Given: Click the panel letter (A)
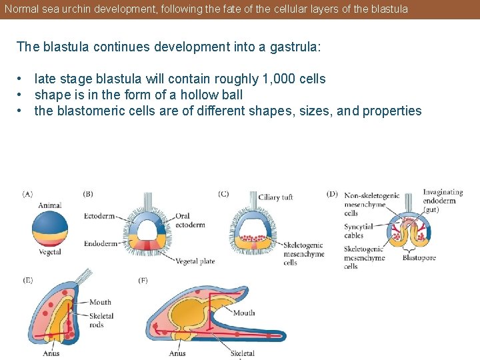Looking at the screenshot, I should pyautogui.click(x=27, y=194).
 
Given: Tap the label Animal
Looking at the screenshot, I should pyautogui.click(x=49, y=205).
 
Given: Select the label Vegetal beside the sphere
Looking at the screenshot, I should pyautogui.click(x=49, y=252).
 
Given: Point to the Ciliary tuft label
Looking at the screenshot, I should pyautogui.click(x=276, y=197).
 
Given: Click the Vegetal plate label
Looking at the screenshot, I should pyautogui.click(x=195, y=261).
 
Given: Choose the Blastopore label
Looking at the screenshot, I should pyautogui.click(x=419, y=257).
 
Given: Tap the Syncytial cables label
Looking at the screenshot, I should pyautogui.click(x=358, y=231).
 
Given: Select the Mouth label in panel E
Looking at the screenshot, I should pyautogui.click(x=100, y=302).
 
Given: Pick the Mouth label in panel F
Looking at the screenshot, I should pyautogui.click(x=244, y=313).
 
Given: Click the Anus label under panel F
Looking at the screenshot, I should pyautogui.click(x=177, y=353).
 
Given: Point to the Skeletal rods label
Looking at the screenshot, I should pyautogui.click(x=101, y=320).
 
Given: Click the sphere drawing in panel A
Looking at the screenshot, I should pyautogui.click(x=50, y=229).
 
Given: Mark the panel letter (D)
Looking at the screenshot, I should pyautogui.click(x=332, y=194).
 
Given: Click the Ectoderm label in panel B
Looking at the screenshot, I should pyautogui.click(x=99, y=216).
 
